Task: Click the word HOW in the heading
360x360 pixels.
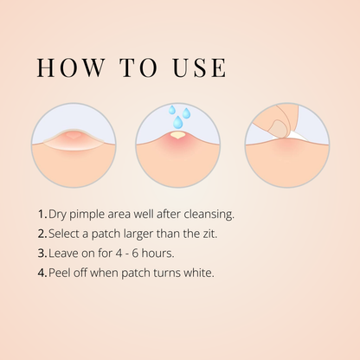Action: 71,67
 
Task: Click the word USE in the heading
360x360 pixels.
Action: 200,67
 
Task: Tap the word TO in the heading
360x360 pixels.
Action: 139,67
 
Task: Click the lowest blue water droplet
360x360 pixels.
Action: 178,122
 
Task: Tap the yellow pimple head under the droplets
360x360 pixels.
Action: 177,134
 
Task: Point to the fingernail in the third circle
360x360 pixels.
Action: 278,129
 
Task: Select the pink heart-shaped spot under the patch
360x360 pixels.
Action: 74,135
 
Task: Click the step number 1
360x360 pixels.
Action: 42,215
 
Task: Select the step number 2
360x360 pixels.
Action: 42,234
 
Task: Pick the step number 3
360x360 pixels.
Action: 42,254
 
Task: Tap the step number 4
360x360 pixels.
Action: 42,273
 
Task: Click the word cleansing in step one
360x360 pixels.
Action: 209,215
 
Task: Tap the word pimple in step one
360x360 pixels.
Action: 87,215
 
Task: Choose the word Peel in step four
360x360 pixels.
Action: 59,273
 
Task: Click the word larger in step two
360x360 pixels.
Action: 138,235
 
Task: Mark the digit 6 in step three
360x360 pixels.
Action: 135,254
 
